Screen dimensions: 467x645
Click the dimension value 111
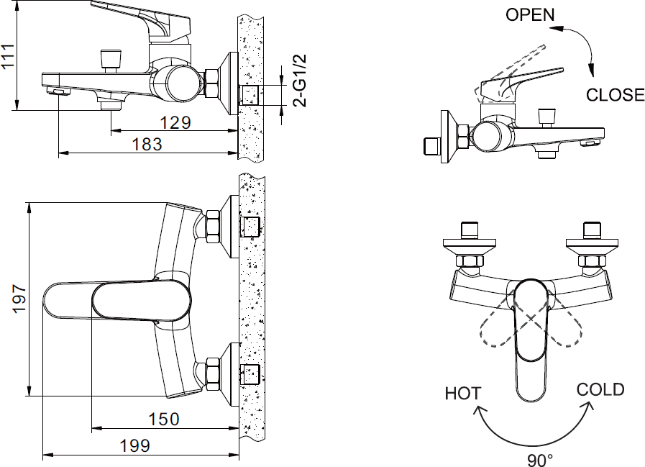click(x=9, y=56)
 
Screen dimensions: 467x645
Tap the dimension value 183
click(x=147, y=144)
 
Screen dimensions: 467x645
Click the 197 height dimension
click(x=19, y=299)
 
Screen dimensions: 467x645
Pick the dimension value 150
click(x=164, y=418)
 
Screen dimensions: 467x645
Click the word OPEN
click(x=530, y=14)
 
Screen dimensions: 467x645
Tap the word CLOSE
click(x=615, y=95)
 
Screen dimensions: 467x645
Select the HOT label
click(x=462, y=393)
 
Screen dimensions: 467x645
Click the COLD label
click(x=600, y=389)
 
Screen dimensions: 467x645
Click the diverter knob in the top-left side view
click(x=111, y=58)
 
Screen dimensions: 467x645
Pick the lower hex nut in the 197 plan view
click(x=214, y=372)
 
